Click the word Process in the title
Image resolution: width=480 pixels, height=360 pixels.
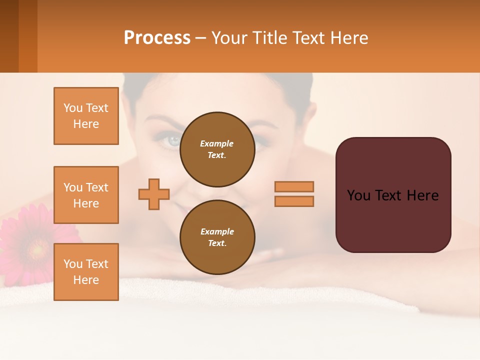[x=157, y=38]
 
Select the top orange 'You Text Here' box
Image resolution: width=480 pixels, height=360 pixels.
[x=86, y=116]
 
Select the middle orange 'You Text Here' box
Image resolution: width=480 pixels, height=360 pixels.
[x=86, y=195]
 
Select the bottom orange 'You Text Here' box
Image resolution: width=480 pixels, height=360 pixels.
[x=86, y=272]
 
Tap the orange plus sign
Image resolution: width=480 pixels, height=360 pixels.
[x=154, y=194]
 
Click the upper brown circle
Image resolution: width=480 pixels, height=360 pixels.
[x=217, y=149]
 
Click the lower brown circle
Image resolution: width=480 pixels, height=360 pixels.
[x=217, y=237]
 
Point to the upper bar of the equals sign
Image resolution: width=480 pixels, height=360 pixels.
[x=294, y=186]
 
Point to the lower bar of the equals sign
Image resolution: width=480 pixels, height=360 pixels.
[x=294, y=201]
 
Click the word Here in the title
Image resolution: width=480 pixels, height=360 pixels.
[x=348, y=38]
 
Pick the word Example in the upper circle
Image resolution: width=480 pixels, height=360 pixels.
[x=217, y=143]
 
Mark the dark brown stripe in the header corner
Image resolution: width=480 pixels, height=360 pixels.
[x=9, y=36]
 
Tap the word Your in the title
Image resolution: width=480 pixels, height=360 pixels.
[x=228, y=38]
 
